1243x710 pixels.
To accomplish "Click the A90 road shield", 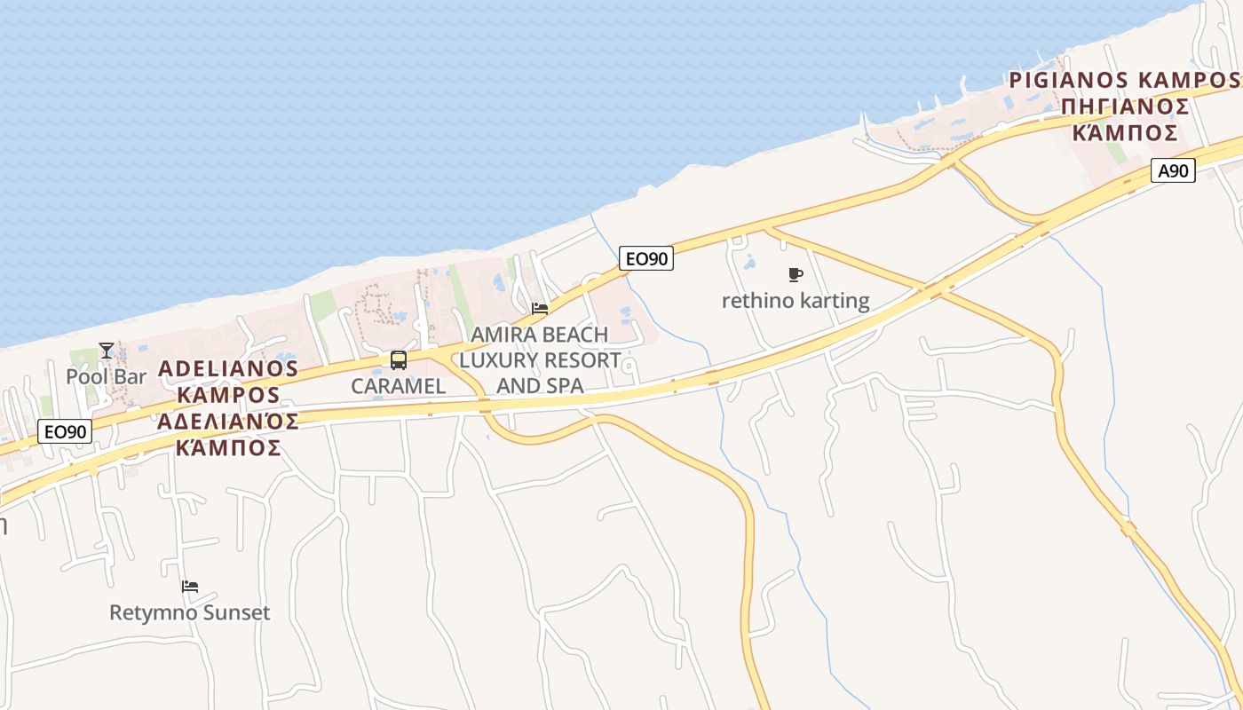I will click(x=1173, y=170).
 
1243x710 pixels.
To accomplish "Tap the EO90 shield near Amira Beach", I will click(x=645, y=258).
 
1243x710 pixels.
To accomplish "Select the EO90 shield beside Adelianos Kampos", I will click(x=65, y=432).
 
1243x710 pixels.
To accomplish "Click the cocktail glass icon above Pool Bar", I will click(x=107, y=351).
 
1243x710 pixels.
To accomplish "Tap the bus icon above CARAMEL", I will click(x=399, y=360).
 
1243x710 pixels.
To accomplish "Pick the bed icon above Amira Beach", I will click(x=540, y=309).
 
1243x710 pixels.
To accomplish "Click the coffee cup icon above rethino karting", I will click(x=796, y=275).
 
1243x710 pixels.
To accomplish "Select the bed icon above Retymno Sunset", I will click(x=190, y=587).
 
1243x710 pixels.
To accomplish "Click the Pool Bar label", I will click(x=106, y=376).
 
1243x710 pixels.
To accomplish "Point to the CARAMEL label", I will click(x=398, y=386).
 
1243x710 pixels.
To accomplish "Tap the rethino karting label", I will click(x=796, y=300).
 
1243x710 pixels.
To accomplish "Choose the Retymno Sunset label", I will click(x=190, y=612).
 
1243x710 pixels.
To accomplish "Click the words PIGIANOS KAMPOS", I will click(x=1124, y=80).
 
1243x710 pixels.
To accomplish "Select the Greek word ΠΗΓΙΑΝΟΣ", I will click(x=1124, y=106).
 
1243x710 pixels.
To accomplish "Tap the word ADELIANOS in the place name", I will click(x=228, y=367).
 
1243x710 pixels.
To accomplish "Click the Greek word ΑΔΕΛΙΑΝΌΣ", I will click(x=228, y=420).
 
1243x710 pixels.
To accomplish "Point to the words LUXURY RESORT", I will click(x=540, y=360).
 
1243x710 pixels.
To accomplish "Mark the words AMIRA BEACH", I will click(x=540, y=335).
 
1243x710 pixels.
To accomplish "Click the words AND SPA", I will click(x=540, y=385).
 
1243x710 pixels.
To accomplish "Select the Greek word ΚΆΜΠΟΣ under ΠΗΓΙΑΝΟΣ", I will click(x=1124, y=133).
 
